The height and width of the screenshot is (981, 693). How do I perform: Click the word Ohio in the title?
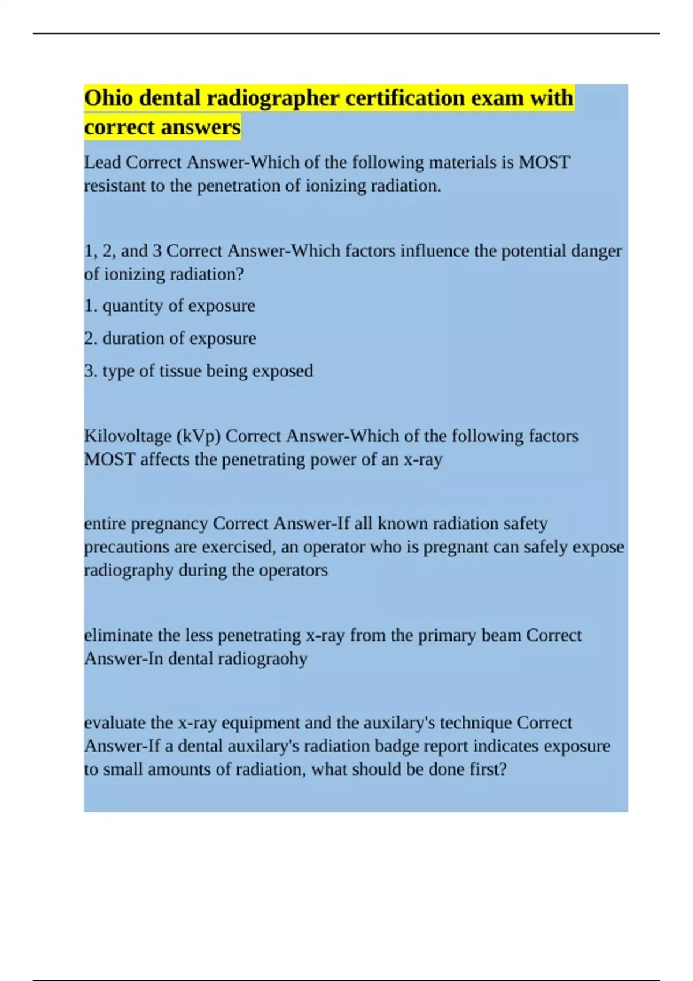point(108,98)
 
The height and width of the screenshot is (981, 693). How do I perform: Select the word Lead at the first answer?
point(102,162)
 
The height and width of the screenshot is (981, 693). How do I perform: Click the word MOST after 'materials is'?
point(545,162)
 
